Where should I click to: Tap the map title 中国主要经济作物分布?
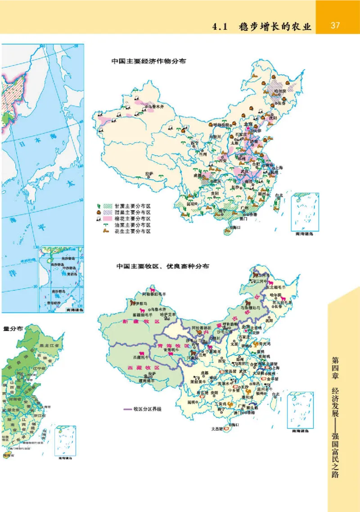(149, 61)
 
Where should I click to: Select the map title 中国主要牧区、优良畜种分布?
(162, 266)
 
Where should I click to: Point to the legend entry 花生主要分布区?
(133, 231)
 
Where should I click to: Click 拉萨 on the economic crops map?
(149, 173)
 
